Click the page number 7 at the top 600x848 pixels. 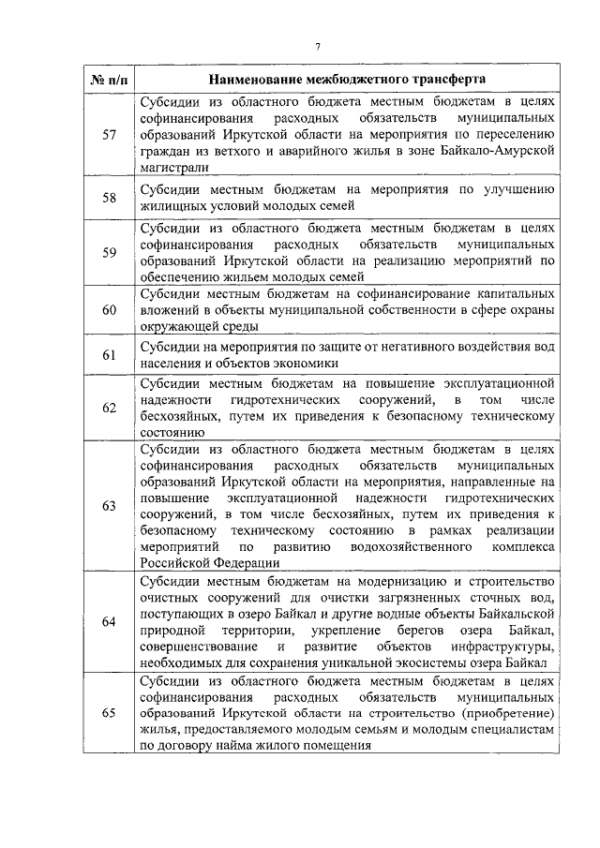pos(318,48)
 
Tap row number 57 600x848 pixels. pos(109,134)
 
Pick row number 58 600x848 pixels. pos(109,197)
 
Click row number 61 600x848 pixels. pos(109,354)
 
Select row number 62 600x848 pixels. pos(109,408)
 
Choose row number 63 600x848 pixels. pos(109,506)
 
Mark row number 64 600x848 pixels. pos(109,621)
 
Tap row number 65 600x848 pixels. pos(109,713)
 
